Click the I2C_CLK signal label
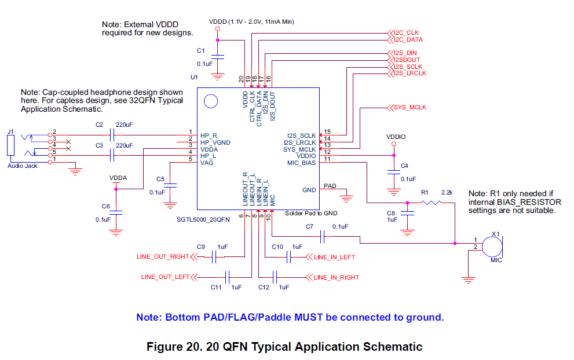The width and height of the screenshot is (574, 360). pyautogui.click(x=406, y=32)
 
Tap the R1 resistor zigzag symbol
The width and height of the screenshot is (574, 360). pyautogui.click(x=431, y=203)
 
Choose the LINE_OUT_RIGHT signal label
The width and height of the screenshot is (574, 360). pyautogui.click(x=163, y=256)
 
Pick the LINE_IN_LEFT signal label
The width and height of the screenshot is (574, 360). pyautogui.click(x=334, y=257)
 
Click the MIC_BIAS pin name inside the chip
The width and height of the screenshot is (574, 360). pyautogui.click(x=301, y=163)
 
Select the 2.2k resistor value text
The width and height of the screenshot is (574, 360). pyautogui.click(x=447, y=192)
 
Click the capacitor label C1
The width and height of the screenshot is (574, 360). pyautogui.click(x=201, y=50)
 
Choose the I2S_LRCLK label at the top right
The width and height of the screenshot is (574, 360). pyautogui.click(x=409, y=74)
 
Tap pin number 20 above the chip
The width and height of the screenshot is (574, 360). pyautogui.click(x=242, y=79)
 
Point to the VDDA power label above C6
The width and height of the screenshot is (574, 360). pyautogui.click(x=118, y=178)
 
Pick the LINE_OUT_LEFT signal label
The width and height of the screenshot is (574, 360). pyautogui.click(x=165, y=277)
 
